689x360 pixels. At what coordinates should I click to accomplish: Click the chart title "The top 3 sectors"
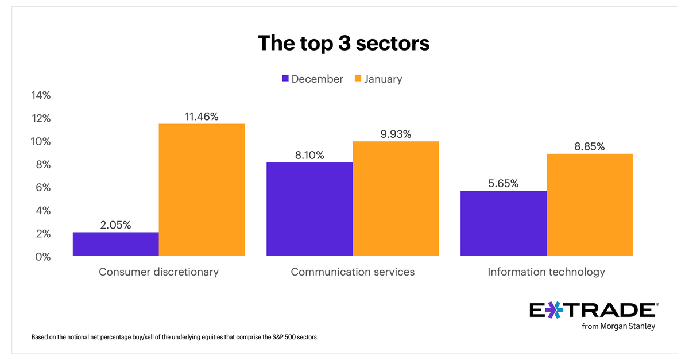pyautogui.click(x=343, y=44)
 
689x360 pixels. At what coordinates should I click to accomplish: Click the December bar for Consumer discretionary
pyautogui.click(x=116, y=244)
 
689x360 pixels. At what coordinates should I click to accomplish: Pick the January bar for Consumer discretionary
pyautogui.click(x=202, y=189)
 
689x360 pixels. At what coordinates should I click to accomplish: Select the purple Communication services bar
pyautogui.click(x=309, y=209)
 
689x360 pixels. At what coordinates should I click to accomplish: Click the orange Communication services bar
pyautogui.click(x=396, y=198)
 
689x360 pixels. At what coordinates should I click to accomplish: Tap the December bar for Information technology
pyautogui.click(x=503, y=223)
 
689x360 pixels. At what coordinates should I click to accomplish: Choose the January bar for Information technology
pyautogui.click(x=589, y=204)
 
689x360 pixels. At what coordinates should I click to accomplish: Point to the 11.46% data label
pyautogui.click(x=202, y=117)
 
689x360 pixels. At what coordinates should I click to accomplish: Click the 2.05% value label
pyautogui.click(x=115, y=225)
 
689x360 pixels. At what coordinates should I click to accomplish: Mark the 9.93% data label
pyautogui.click(x=395, y=134)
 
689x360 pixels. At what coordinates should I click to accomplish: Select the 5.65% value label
pyautogui.click(x=503, y=184)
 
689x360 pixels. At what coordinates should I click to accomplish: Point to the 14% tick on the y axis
pyautogui.click(x=41, y=95)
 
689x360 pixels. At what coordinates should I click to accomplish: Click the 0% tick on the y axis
pyautogui.click(x=43, y=257)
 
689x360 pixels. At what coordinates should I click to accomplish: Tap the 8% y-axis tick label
pyautogui.click(x=43, y=165)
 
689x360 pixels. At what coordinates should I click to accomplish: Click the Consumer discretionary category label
pyautogui.click(x=158, y=272)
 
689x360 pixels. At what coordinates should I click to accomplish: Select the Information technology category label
pyautogui.click(x=546, y=272)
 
